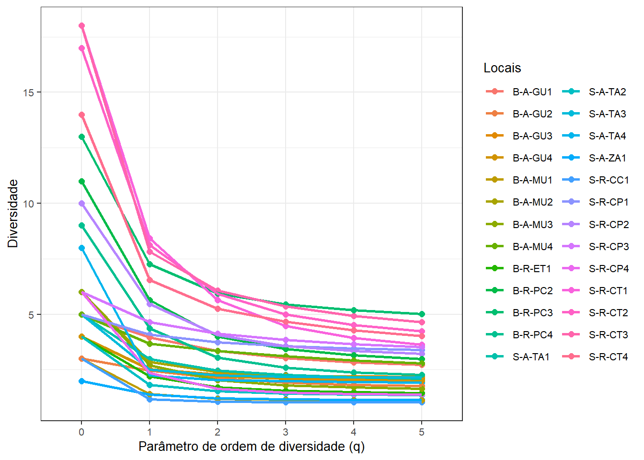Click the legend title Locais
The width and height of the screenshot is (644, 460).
coord(502,68)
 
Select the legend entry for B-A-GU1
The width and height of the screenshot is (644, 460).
coord(532,92)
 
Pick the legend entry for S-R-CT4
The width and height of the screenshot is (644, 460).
coord(608,356)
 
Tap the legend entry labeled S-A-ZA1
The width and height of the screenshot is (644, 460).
coord(607,158)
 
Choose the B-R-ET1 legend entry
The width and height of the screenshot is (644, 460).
coord(532,268)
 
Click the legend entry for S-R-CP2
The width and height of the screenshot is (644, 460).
coord(609,224)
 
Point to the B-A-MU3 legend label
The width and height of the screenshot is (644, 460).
coord(532,224)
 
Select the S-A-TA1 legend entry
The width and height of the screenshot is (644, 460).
coord(531,356)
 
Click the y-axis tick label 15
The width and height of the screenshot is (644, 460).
coord(28,92)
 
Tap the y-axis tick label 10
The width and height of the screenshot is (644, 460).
coord(28,204)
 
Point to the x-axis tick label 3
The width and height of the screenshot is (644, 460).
coord(286,432)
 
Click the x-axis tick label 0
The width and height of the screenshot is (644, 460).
coord(81,432)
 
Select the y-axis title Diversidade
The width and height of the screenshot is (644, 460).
coord(13,213)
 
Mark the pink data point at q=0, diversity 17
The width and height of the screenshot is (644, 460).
coord(81,48)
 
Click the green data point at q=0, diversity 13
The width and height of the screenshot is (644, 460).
coord(81,137)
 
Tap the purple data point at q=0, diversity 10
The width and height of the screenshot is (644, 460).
coord(81,203)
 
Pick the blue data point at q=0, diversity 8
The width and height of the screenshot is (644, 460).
coord(81,248)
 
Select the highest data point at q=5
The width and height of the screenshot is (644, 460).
coord(422,314)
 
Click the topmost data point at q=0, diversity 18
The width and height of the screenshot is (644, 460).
coord(81,26)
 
